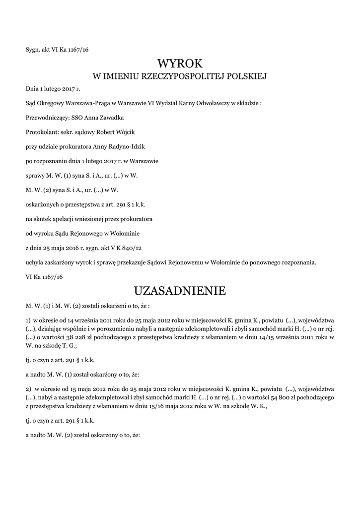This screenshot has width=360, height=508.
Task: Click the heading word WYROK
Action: [180, 63]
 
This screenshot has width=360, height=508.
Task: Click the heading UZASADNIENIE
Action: [180, 290]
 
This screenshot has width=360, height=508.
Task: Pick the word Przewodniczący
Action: [45, 118]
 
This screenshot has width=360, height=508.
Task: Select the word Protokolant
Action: [41, 132]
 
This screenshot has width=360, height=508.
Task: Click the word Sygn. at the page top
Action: [33, 49]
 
